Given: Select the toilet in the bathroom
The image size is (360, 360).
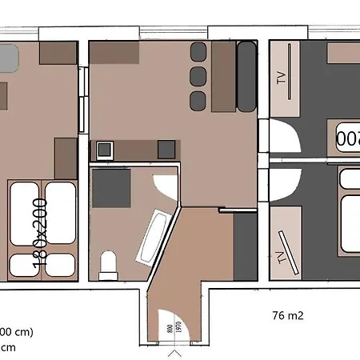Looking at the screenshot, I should pos(108,264).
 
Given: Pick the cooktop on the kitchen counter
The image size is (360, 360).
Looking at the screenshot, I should pos(105,149).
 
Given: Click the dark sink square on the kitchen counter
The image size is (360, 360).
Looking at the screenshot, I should pos(166,149).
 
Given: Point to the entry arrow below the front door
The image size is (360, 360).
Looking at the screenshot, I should pos(175,352).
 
